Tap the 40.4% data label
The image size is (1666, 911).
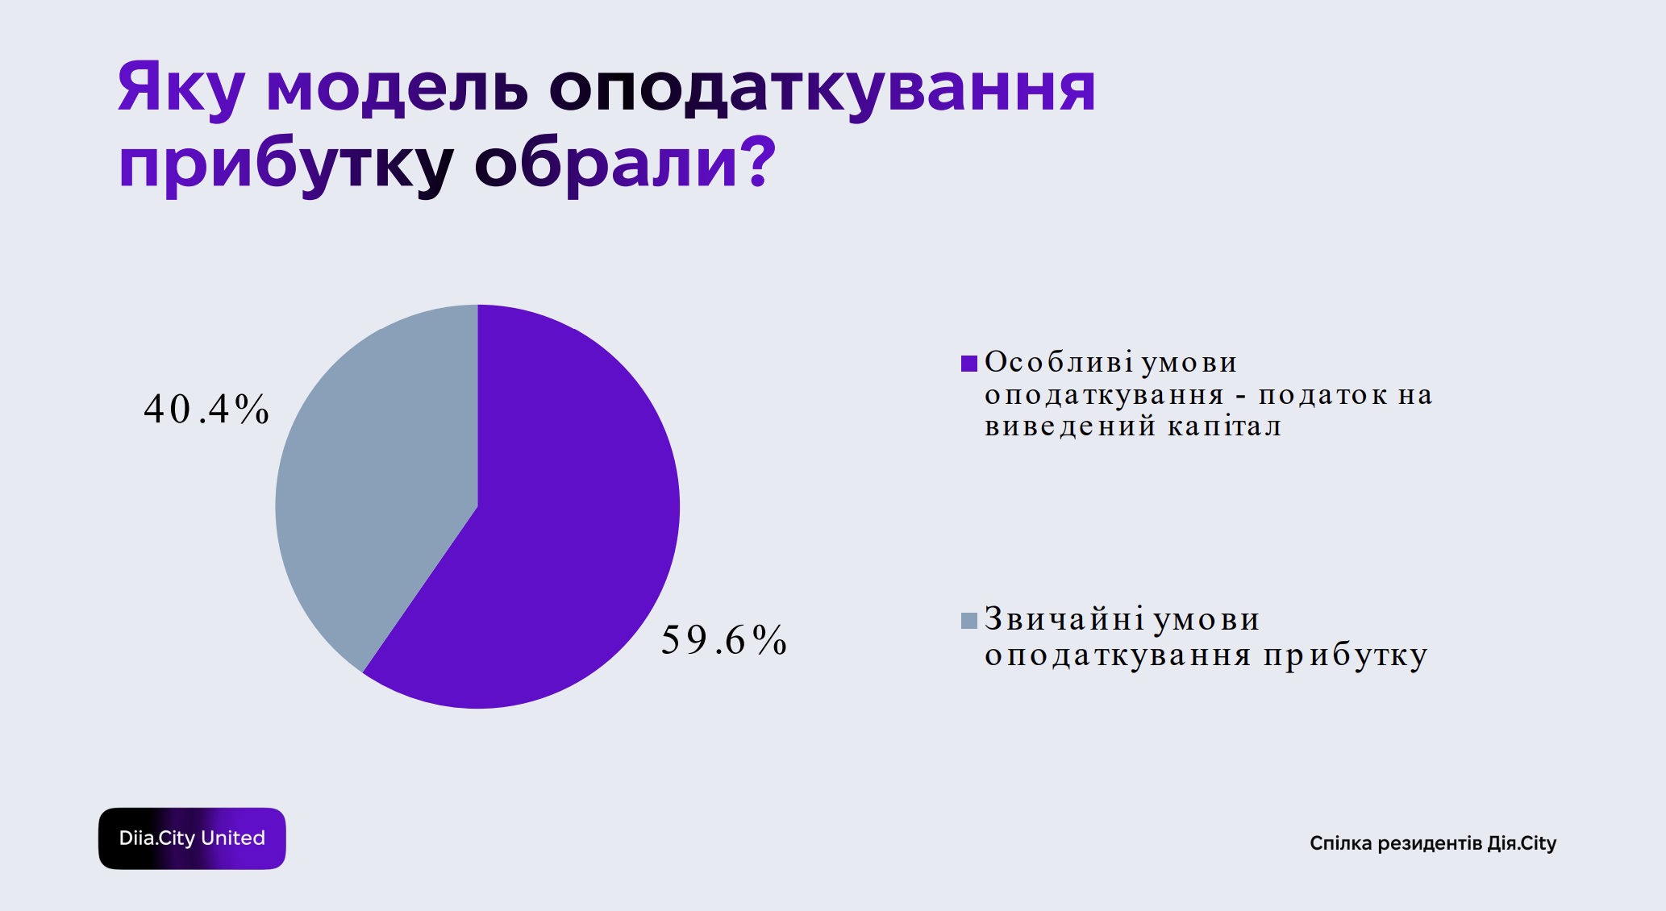click(x=206, y=409)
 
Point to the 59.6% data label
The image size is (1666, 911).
click(x=723, y=640)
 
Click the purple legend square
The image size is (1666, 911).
click(x=969, y=363)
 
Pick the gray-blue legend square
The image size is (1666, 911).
click(x=969, y=620)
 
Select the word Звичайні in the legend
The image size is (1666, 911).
click(x=1064, y=619)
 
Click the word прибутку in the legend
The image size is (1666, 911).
click(x=1345, y=655)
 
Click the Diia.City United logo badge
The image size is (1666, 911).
click(x=192, y=838)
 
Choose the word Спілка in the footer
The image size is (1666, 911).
click(x=1340, y=843)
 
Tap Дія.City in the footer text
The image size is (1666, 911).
click(x=1522, y=843)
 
